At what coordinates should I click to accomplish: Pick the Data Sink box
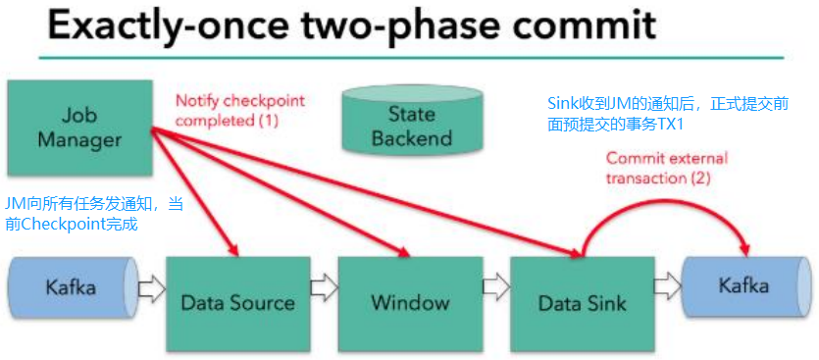(581, 302)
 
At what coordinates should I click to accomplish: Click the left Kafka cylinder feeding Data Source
(71, 289)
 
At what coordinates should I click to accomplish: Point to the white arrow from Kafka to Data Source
(150, 289)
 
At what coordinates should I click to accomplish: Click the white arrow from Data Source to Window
(323, 289)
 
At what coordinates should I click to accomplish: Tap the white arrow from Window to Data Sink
(495, 289)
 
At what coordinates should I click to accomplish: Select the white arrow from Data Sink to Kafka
(668, 288)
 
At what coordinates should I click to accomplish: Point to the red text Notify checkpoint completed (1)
(240, 110)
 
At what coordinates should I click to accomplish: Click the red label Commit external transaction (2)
(666, 168)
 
